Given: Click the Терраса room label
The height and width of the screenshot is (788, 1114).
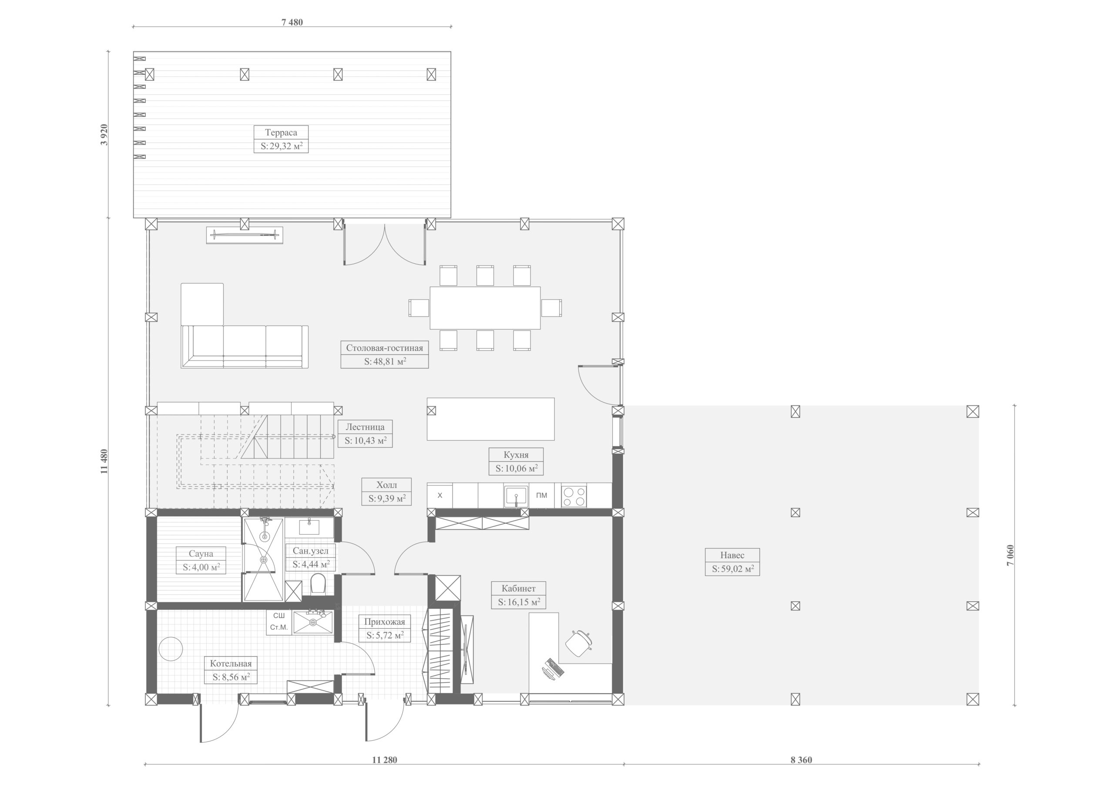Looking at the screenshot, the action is [281, 132].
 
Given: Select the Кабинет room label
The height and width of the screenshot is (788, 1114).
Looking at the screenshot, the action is [519, 589].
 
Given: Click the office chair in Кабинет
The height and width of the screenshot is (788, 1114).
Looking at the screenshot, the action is [579, 643].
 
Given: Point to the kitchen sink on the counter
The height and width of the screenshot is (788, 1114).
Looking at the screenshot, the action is [516, 496].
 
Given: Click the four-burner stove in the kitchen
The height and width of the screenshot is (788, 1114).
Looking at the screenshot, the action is [574, 496].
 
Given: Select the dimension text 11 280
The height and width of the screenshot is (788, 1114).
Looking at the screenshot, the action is [385, 760].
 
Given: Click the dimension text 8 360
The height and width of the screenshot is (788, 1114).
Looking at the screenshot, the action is [801, 760].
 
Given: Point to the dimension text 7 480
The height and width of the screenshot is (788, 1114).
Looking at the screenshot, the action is [292, 22].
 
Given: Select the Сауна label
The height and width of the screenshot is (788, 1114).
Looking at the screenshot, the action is [201, 553].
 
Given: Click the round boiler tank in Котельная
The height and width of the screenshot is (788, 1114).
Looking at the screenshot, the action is [171, 649].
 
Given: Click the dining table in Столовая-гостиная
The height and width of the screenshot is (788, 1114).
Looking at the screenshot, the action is [485, 308].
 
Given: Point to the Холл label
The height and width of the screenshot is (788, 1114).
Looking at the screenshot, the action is [387, 485].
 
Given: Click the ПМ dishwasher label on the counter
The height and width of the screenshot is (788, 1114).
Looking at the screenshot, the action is [542, 495].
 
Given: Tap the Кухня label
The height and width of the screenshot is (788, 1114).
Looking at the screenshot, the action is [516, 455].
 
